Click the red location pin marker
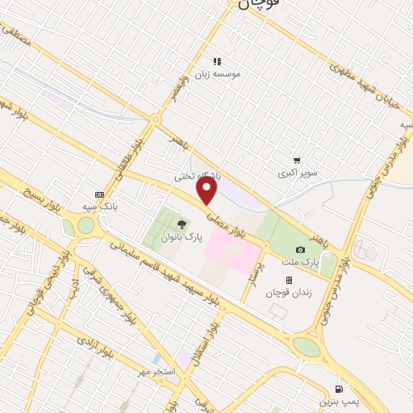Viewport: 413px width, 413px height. (x=207, y=191)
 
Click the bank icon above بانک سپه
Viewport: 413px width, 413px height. (x=99, y=194)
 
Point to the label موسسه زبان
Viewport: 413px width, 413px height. (x=231, y=73)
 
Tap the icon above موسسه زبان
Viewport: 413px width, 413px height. (x=216, y=60)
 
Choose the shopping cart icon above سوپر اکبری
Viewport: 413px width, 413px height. (x=298, y=161)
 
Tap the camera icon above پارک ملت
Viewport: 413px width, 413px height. (x=300, y=249)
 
